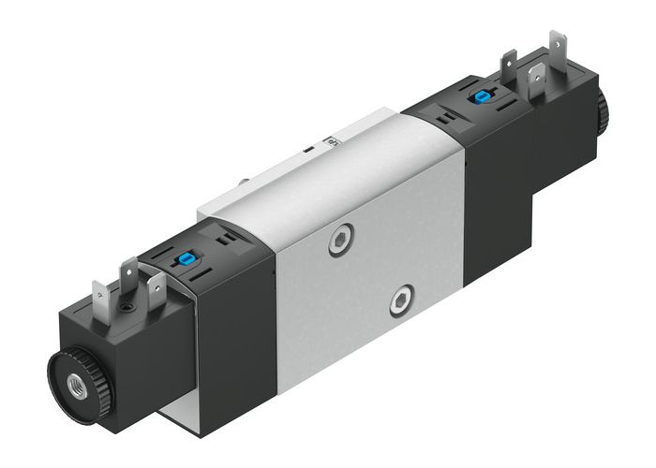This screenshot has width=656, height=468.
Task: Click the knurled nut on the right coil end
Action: coord(601,111)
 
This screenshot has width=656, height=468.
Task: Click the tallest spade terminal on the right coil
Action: coord(559,48)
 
